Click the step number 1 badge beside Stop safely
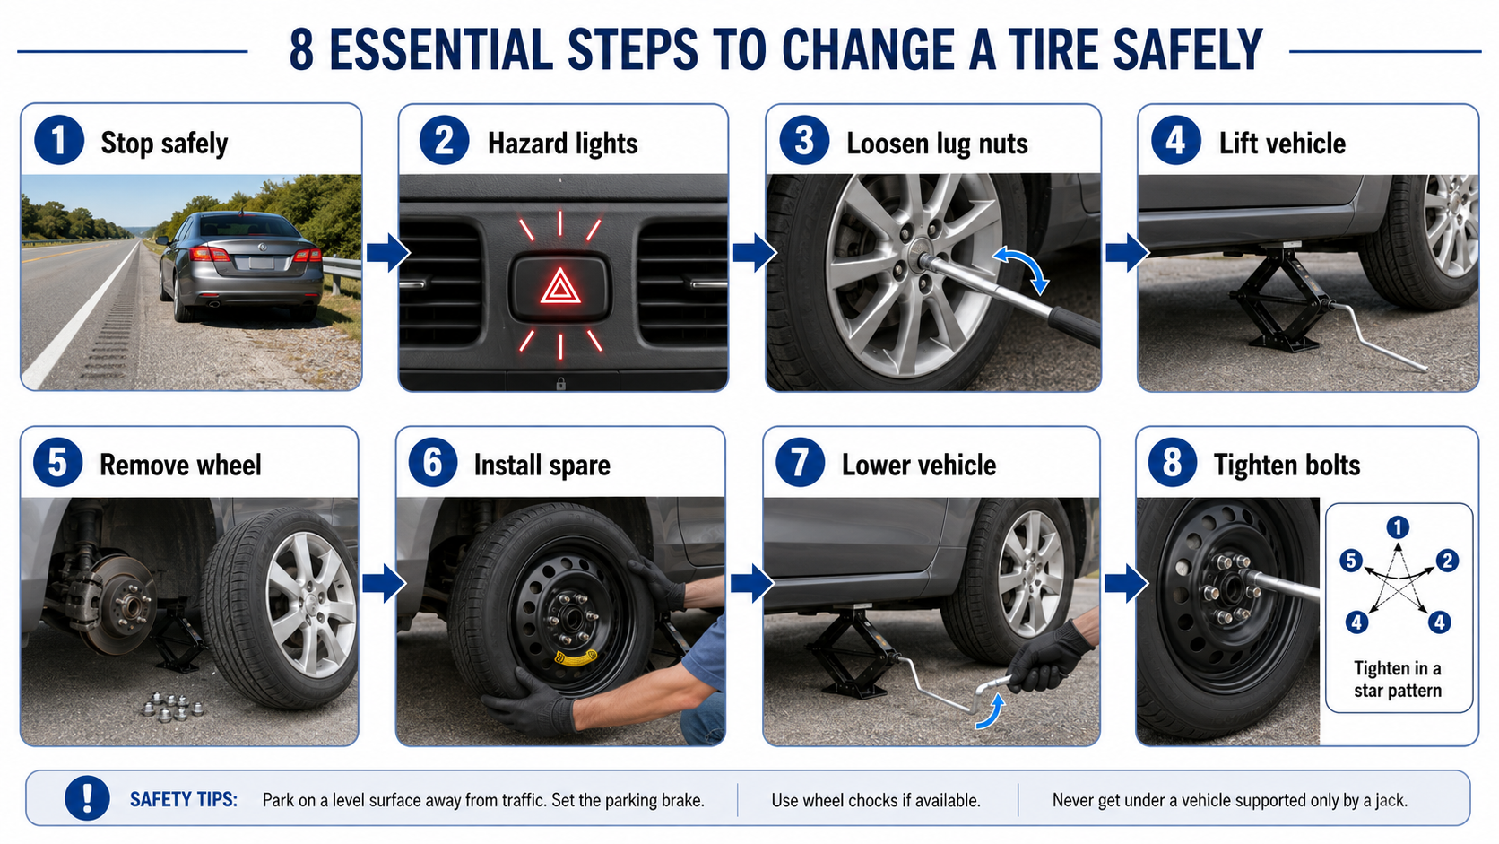pyautogui.click(x=59, y=141)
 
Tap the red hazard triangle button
pyautogui.click(x=560, y=288)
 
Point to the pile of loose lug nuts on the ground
pyautogui.click(x=172, y=707)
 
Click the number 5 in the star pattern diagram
pyautogui.click(x=1351, y=561)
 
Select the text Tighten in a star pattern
pyautogui.click(x=1398, y=679)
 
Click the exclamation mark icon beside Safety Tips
pyautogui.click(x=87, y=798)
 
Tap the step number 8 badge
pyautogui.click(x=1173, y=463)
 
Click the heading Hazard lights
pyautogui.click(x=562, y=144)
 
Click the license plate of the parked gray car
pyautogui.click(x=262, y=263)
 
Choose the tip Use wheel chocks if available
pyautogui.click(x=875, y=800)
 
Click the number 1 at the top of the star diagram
pyautogui.click(x=1398, y=527)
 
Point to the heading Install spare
pyautogui.click(x=542, y=466)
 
